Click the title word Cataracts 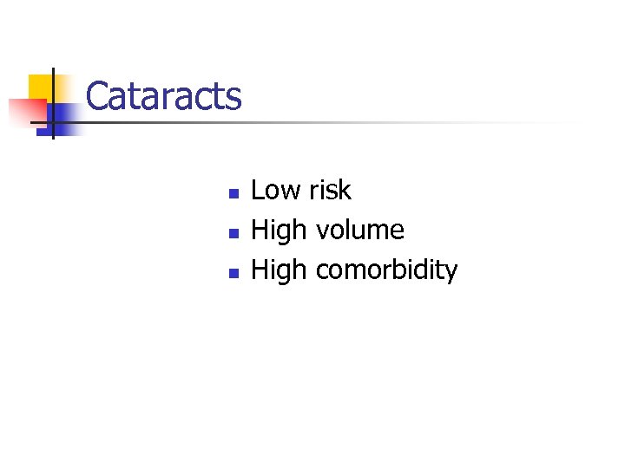(x=164, y=96)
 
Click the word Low (x=276, y=190)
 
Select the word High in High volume (x=279, y=231)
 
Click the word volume (x=360, y=231)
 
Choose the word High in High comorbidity (x=279, y=270)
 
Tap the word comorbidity (x=386, y=270)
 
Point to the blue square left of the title (x=64, y=117)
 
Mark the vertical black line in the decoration (x=53, y=104)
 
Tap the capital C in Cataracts (x=98, y=96)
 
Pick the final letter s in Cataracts (x=234, y=98)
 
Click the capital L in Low (x=257, y=190)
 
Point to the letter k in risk (x=345, y=190)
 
